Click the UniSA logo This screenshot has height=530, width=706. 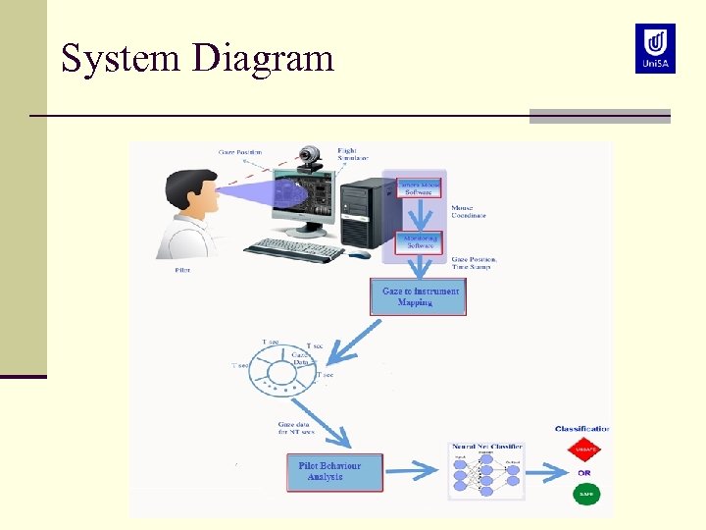tap(654, 48)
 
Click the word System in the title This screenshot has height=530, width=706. tap(121, 58)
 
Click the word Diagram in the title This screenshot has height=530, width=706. tap(263, 58)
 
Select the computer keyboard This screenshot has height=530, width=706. tap(294, 250)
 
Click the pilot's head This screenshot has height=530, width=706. tap(190, 195)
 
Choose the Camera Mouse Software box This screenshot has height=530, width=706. tap(419, 187)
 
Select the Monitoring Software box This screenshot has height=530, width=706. tap(419, 241)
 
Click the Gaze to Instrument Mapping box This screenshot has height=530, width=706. tap(419, 297)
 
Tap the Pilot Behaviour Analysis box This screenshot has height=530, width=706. tap(334, 472)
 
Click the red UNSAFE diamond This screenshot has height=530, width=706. tap(584, 451)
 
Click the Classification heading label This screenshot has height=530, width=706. tap(581, 429)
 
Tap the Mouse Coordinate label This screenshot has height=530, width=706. tap(469, 212)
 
